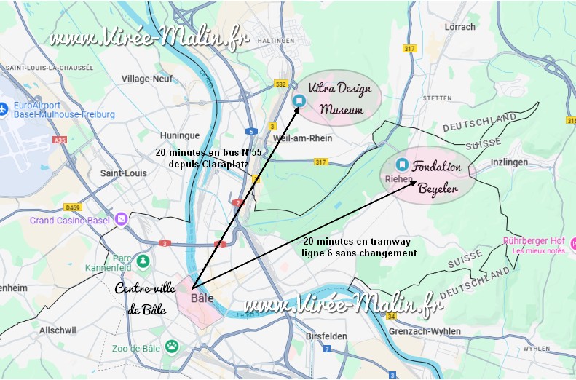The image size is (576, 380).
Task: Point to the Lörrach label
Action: pos(459,27)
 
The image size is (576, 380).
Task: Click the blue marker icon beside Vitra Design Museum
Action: pos(299,100)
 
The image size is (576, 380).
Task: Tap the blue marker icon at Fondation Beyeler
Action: pos(402,165)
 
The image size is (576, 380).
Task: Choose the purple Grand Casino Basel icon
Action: pos(121,218)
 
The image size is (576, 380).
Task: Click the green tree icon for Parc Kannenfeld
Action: pos(143,260)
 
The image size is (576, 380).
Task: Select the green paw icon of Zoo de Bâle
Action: pos(172,345)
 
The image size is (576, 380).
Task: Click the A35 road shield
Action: pos(59,140)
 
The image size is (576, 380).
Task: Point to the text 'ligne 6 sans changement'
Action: pos(359,253)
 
